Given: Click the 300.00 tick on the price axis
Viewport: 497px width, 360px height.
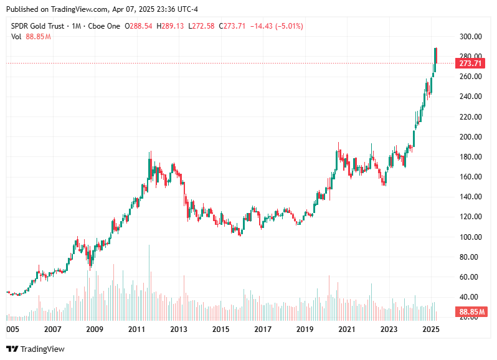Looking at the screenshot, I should click(470, 37).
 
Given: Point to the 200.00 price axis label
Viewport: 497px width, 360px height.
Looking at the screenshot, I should click(470, 137).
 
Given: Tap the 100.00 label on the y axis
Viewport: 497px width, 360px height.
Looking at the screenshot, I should click(470, 237).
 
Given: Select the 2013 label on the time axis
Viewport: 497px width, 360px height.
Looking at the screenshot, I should click(179, 329).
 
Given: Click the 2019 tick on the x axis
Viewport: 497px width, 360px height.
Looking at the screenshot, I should click(305, 329).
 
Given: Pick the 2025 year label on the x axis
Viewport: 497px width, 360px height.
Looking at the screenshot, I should click(431, 329).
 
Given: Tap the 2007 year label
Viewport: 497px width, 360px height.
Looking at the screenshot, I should click(52, 329).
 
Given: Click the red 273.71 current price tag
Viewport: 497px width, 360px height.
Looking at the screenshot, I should click(471, 64).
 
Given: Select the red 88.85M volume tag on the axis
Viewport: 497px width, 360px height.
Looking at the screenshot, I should click(471, 311).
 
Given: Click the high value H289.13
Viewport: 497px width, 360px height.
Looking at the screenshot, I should click(171, 26).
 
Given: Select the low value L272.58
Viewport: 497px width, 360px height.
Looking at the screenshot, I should click(202, 26).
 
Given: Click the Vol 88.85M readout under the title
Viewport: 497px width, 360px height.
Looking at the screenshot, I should click(31, 37).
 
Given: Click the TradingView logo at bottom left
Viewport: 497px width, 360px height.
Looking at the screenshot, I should click(35, 349).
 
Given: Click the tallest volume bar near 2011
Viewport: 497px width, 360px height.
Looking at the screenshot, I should click(149, 280).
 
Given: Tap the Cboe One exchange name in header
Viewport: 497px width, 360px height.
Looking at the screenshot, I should click(103, 26).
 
